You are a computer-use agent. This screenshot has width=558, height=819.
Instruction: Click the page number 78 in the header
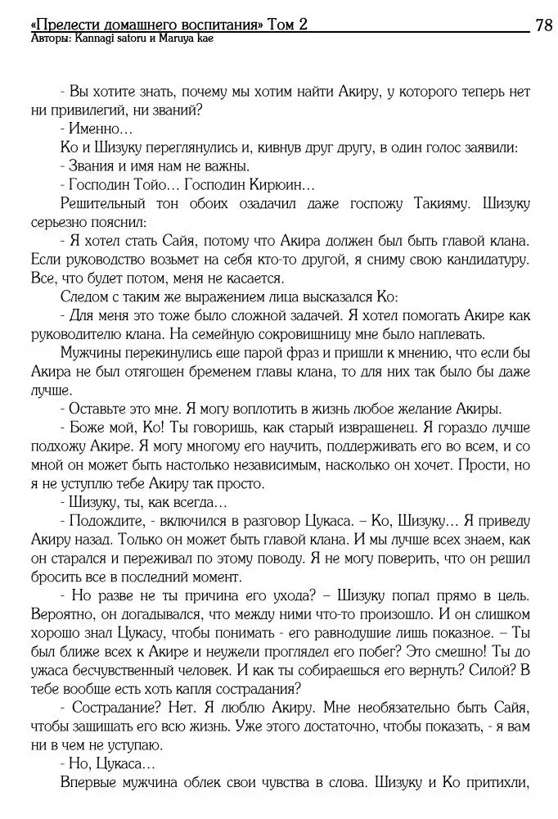(544, 25)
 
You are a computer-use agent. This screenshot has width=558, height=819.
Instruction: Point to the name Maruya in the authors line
(165, 38)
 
